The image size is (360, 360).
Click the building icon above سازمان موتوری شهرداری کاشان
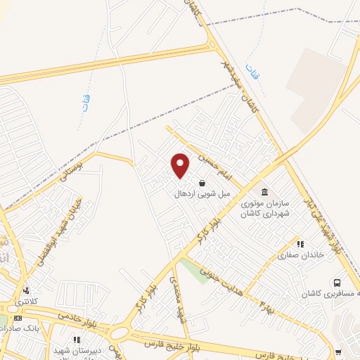(264, 192)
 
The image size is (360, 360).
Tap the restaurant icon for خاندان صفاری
(300, 244)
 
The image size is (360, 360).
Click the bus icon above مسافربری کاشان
(337, 283)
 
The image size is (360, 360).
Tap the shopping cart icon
(338, 352)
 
